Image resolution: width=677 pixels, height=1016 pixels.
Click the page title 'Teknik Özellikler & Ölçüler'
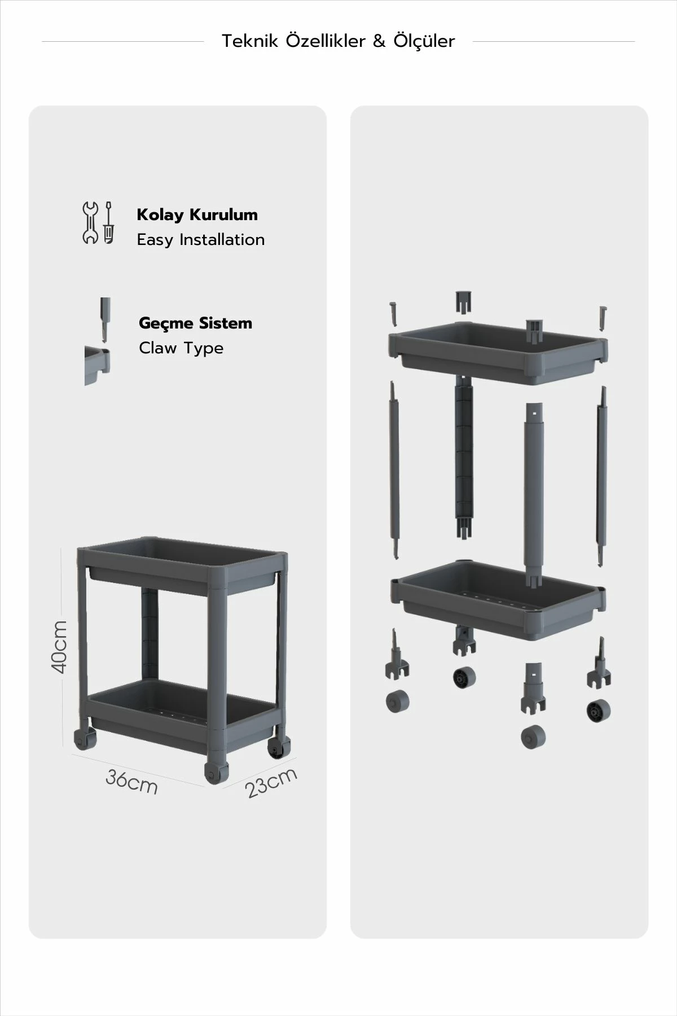tap(338, 41)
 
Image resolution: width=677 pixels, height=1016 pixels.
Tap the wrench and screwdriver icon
tap(98, 222)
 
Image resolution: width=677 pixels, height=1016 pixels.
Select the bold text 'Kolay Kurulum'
tap(197, 215)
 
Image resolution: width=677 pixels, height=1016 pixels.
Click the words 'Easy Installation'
tap(201, 240)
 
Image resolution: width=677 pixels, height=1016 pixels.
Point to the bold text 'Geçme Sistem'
tap(195, 323)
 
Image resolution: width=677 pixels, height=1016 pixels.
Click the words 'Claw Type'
tap(181, 348)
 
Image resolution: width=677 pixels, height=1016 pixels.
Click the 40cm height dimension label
tap(59, 647)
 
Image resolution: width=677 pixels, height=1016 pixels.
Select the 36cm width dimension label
tap(131, 782)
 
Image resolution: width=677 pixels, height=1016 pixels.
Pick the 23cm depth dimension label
tap(271, 782)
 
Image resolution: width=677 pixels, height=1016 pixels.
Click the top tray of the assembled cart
tap(182, 570)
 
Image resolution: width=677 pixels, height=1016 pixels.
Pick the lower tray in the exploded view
tap(499, 601)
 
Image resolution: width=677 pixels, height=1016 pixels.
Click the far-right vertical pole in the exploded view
tap(601, 475)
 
